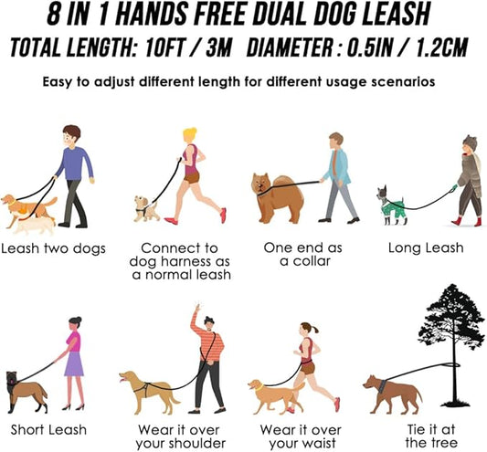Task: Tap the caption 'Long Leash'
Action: (425, 247)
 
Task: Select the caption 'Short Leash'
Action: (44, 429)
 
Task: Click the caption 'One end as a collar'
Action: (300, 255)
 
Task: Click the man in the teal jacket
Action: (337, 175)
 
